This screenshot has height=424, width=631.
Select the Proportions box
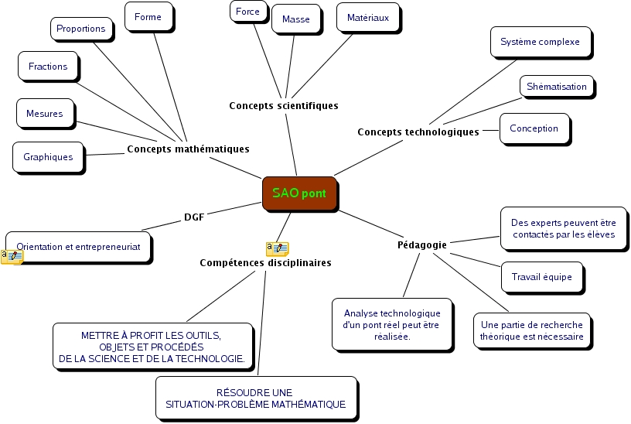[80, 29]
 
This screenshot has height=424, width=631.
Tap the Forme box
[148, 16]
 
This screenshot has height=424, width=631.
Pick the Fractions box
[48, 67]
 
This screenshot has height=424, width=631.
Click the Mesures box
[44, 113]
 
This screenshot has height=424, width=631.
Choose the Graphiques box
[48, 156]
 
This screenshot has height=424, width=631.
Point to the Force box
[248, 12]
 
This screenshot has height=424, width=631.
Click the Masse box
[295, 19]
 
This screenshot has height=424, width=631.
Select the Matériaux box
[368, 16]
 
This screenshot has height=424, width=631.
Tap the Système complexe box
[540, 42]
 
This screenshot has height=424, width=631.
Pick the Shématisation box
[557, 86]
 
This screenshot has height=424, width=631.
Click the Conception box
[534, 128]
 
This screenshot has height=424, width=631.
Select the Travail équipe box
[541, 277]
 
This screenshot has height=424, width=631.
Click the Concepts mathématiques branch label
[188, 149]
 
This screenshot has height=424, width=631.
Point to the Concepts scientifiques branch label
[284, 105]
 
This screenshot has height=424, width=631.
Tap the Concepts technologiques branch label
[418, 132]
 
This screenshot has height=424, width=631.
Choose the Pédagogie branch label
[421, 244]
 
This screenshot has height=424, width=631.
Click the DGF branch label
[194, 217]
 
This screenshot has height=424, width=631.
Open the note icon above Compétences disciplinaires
[277, 248]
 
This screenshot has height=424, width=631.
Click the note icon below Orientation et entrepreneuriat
[12, 257]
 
